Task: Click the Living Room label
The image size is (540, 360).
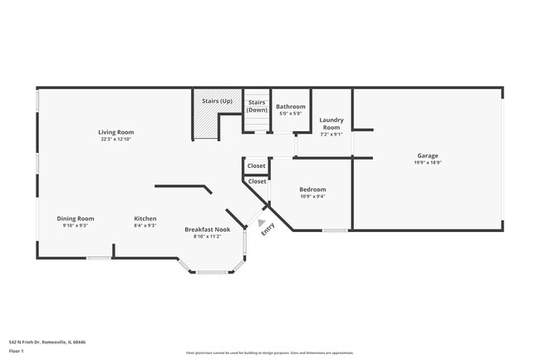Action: pyautogui.click(x=116, y=131)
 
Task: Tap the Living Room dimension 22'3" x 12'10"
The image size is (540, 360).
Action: pyautogui.click(x=116, y=139)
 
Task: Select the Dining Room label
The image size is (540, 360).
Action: pyautogui.click(x=75, y=218)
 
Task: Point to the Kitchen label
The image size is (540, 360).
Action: pyautogui.click(x=145, y=218)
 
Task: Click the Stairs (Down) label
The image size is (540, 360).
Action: pyautogui.click(x=258, y=106)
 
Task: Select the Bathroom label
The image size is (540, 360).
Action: pyautogui.click(x=291, y=106)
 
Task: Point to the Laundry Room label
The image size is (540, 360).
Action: pyautogui.click(x=331, y=123)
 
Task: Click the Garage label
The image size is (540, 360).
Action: pyautogui.click(x=428, y=155)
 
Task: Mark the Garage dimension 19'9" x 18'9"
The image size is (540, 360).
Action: pyautogui.click(x=428, y=163)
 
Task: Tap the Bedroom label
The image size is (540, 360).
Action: pyautogui.click(x=312, y=189)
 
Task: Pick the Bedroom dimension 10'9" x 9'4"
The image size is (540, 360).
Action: pyautogui.click(x=312, y=196)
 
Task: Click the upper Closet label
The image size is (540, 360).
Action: pyautogui.click(x=257, y=165)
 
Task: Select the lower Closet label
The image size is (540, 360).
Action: pyautogui.click(x=258, y=180)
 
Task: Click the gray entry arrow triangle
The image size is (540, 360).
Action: pyautogui.click(x=263, y=223)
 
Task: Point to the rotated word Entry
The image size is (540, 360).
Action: pyautogui.click(x=268, y=231)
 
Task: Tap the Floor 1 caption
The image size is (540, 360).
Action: pyautogui.click(x=17, y=351)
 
